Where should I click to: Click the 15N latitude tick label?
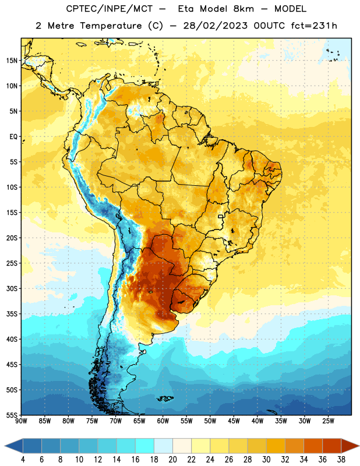(x=12, y=61)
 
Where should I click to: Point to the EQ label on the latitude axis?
(x=13, y=137)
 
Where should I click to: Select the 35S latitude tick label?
(x=12, y=314)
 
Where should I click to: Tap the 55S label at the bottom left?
(x=12, y=415)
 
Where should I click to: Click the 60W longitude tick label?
(x=163, y=421)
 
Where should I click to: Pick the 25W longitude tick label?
(x=328, y=421)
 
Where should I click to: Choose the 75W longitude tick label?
(x=92, y=421)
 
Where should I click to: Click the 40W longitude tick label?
(x=257, y=421)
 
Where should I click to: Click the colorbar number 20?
(x=172, y=460)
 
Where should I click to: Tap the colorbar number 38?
(x=341, y=460)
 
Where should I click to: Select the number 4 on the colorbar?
(x=23, y=460)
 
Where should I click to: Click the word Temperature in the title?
(x=111, y=26)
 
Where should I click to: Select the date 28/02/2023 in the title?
(x=215, y=26)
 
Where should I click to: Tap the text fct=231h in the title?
(x=314, y=26)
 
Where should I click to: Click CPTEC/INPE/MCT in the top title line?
(x=110, y=9)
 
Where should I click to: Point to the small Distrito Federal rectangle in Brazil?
(x=221, y=216)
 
